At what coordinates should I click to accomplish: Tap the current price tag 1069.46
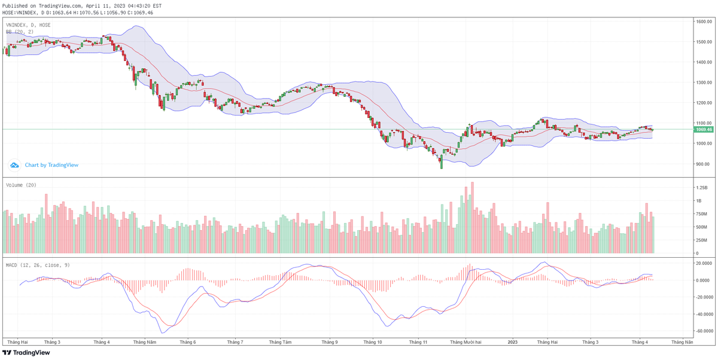coord(703,129)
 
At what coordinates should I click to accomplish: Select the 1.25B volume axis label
coord(701,187)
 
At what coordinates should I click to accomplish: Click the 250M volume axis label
coord(701,240)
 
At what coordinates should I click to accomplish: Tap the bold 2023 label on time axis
coord(512,342)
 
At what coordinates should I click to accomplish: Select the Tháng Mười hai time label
coord(466,342)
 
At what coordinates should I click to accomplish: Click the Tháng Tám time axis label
coord(280,342)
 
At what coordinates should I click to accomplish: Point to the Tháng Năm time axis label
coord(144,342)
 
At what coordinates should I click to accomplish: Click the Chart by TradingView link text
coord(51,165)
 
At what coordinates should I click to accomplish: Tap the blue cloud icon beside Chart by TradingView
coord(14,165)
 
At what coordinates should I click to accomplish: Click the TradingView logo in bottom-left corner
coord(27,353)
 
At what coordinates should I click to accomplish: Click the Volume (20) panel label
coord(21,185)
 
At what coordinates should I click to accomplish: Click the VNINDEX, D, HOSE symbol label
coord(28,25)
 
